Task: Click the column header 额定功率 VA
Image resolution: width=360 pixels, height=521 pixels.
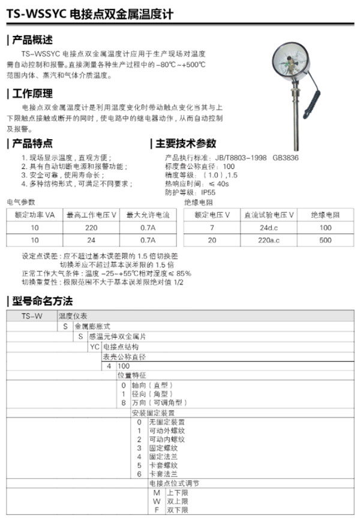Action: coord(35,215)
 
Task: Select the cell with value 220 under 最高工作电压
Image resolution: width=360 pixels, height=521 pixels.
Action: coord(91,228)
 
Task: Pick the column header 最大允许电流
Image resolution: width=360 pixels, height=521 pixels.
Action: coord(148,215)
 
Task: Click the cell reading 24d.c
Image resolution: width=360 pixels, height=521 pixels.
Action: coord(268,228)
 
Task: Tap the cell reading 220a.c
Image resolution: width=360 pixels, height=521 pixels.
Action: coord(268,240)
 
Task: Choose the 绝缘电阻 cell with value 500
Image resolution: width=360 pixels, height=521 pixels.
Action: coord(325,240)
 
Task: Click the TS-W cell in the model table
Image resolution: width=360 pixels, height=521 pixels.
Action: coord(31,315)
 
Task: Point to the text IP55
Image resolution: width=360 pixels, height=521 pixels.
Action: coord(208,192)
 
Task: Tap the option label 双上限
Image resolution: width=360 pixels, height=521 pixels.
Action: coord(170,501)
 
